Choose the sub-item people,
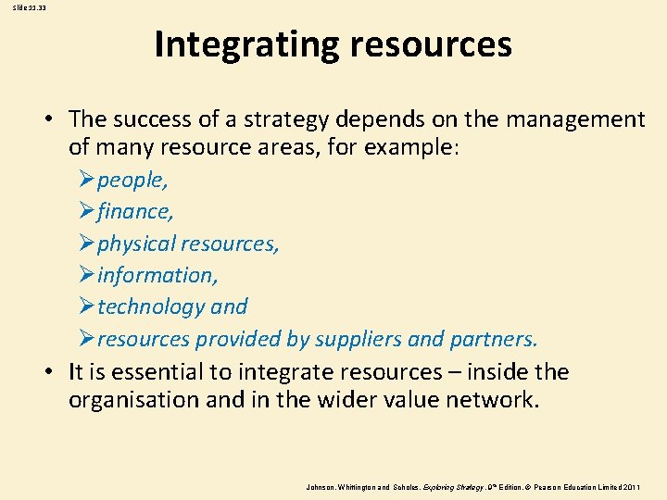click(x=132, y=181)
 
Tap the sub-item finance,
click(x=135, y=212)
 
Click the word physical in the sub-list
click(x=137, y=244)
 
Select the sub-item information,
click(x=157, y=275)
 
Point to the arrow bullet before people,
click(x=86, y=181)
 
